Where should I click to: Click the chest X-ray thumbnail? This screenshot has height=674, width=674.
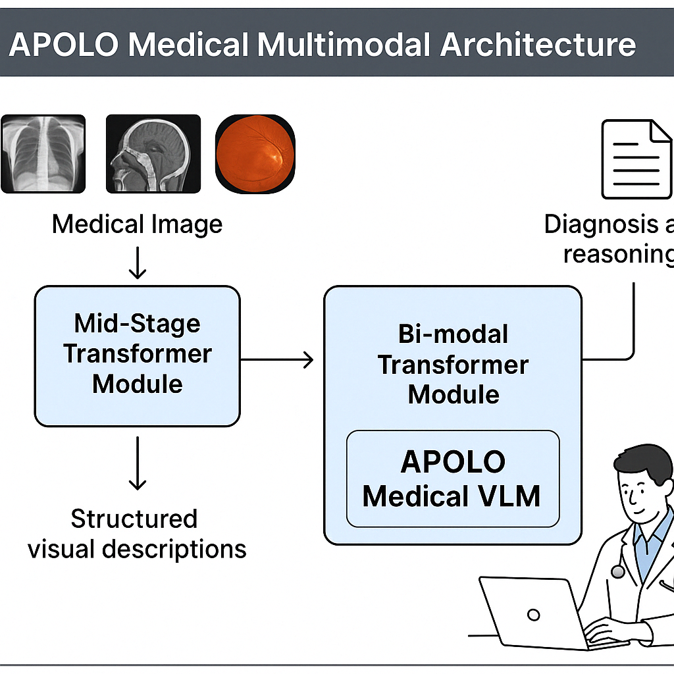point(43,153)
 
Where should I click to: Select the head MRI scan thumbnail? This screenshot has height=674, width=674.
point(153,153)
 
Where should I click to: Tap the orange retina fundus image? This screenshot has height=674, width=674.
point(255,153)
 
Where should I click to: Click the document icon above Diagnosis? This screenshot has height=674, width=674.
point(636,159)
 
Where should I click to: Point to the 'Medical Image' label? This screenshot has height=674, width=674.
point(137,224)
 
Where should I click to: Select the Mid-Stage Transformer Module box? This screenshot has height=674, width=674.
point(137,355)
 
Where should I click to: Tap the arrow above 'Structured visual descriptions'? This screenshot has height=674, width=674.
point(137,464)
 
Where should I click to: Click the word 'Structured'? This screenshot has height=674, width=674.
point(134,519)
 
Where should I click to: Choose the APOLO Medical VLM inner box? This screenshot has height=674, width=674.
point(453,479)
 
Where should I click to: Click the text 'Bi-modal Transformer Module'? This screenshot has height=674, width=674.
point(453,364)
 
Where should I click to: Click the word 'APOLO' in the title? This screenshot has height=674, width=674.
point(63,45)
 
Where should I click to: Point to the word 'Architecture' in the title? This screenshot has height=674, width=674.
point(538,45)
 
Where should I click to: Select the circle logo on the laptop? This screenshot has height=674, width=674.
point(534,615)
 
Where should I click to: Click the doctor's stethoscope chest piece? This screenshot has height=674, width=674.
point(617,571)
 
